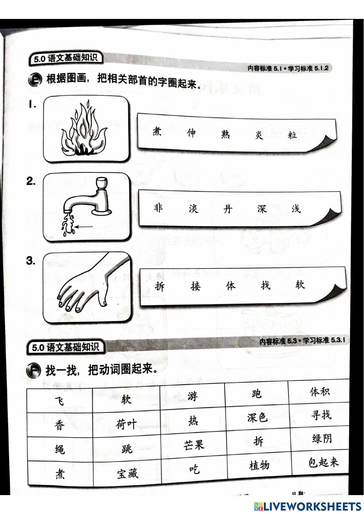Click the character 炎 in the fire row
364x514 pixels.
259,135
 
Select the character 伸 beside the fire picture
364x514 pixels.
191,133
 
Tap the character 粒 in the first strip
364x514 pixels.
292,135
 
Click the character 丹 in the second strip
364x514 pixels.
227,209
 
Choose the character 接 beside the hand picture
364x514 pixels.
195,287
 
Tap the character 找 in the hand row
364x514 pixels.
266,286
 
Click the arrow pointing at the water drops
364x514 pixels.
85,227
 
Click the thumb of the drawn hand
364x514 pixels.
104,295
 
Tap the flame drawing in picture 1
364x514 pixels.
84,131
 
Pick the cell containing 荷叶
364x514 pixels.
126,424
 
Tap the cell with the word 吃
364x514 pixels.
194,469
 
